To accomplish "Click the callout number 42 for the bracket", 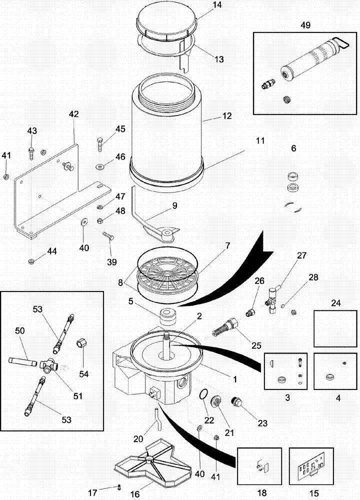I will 73,114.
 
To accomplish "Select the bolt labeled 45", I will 100,143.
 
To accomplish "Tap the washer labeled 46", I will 100,165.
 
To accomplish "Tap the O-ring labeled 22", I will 202,395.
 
